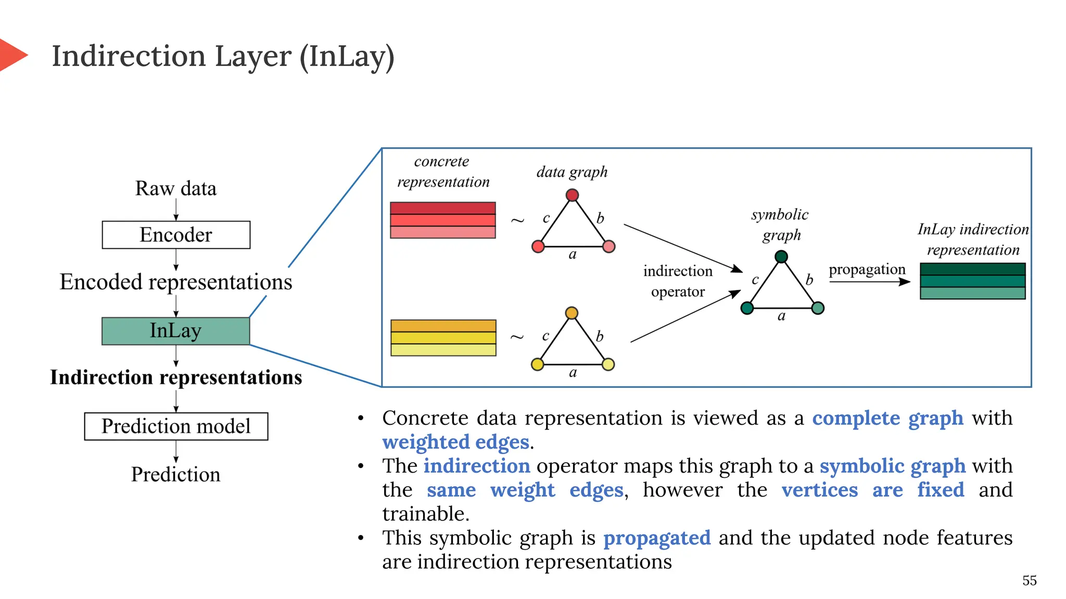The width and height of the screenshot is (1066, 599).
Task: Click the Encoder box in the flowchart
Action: coord(176,235)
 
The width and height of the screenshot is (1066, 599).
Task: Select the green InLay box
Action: coord(176,331)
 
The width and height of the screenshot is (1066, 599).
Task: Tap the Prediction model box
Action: coord(176,426)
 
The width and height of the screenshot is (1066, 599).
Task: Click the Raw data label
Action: coord(176,189)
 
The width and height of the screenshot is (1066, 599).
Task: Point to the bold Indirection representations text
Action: coord(176,377)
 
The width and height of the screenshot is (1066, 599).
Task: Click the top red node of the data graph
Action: coord(572,196)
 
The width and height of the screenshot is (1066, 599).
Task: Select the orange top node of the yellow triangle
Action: coord(572,313)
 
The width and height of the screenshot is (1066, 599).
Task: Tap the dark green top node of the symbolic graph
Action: coord(781,257)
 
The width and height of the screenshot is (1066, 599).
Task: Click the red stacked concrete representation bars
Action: coord(443,220)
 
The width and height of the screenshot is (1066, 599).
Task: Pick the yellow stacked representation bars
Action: coord(443,338)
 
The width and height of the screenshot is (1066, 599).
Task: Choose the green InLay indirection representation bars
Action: coord(972,281)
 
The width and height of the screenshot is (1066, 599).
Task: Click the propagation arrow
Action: coord(869,282)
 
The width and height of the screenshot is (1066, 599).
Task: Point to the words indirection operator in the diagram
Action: coord(678,281)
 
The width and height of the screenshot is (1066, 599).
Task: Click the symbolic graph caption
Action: coord(780,225)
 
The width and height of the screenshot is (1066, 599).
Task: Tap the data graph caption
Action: coord(572,172)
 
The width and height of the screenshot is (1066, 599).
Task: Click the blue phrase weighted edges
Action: coord(455,442)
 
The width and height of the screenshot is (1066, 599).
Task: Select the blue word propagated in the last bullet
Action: coord(657,538)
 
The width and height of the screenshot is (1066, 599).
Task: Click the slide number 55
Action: coord(1029,581)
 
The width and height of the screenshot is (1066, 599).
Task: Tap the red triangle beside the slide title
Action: coord(11,55)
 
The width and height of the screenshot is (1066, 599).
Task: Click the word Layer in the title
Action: coord(253,57)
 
